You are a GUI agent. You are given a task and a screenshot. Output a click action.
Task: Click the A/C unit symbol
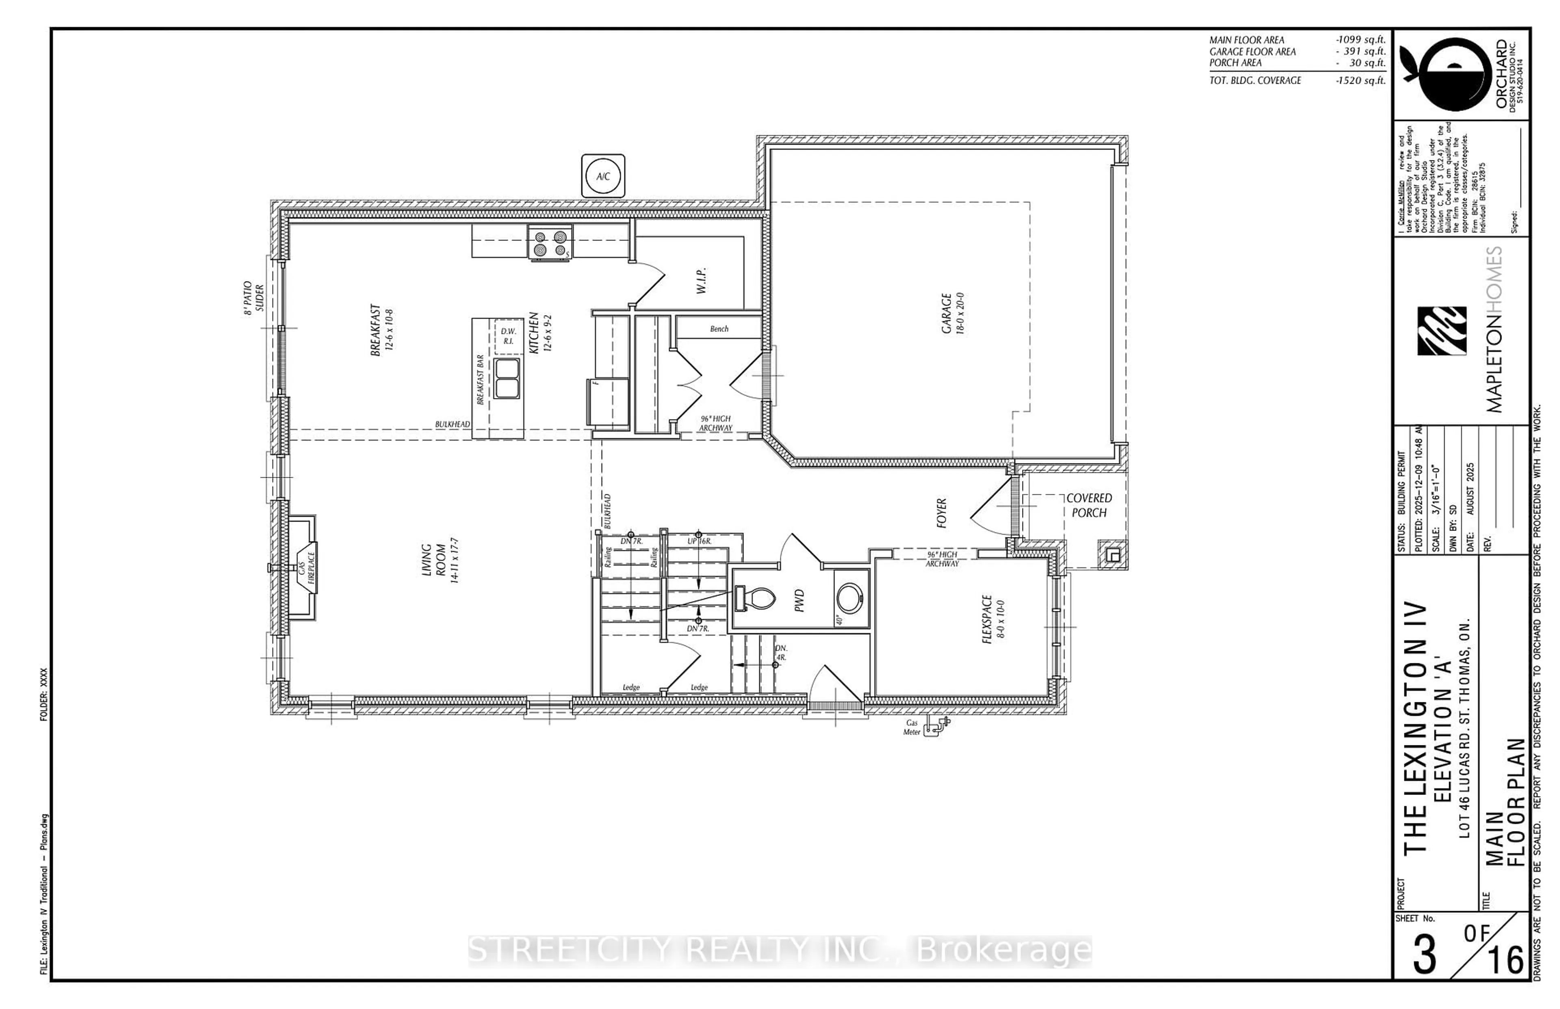click(x=603, y=175)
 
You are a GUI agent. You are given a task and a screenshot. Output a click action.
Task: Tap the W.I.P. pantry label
click(x=701, y=280)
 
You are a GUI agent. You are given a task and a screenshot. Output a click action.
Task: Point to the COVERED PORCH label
click(x=1089, y=505)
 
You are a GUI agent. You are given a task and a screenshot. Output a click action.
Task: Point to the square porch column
click(x=1112, y=554)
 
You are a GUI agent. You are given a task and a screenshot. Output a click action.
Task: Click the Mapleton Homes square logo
click(x=1441, y=331)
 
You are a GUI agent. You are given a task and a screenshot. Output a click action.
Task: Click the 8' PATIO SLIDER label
click(x=253, y=298)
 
